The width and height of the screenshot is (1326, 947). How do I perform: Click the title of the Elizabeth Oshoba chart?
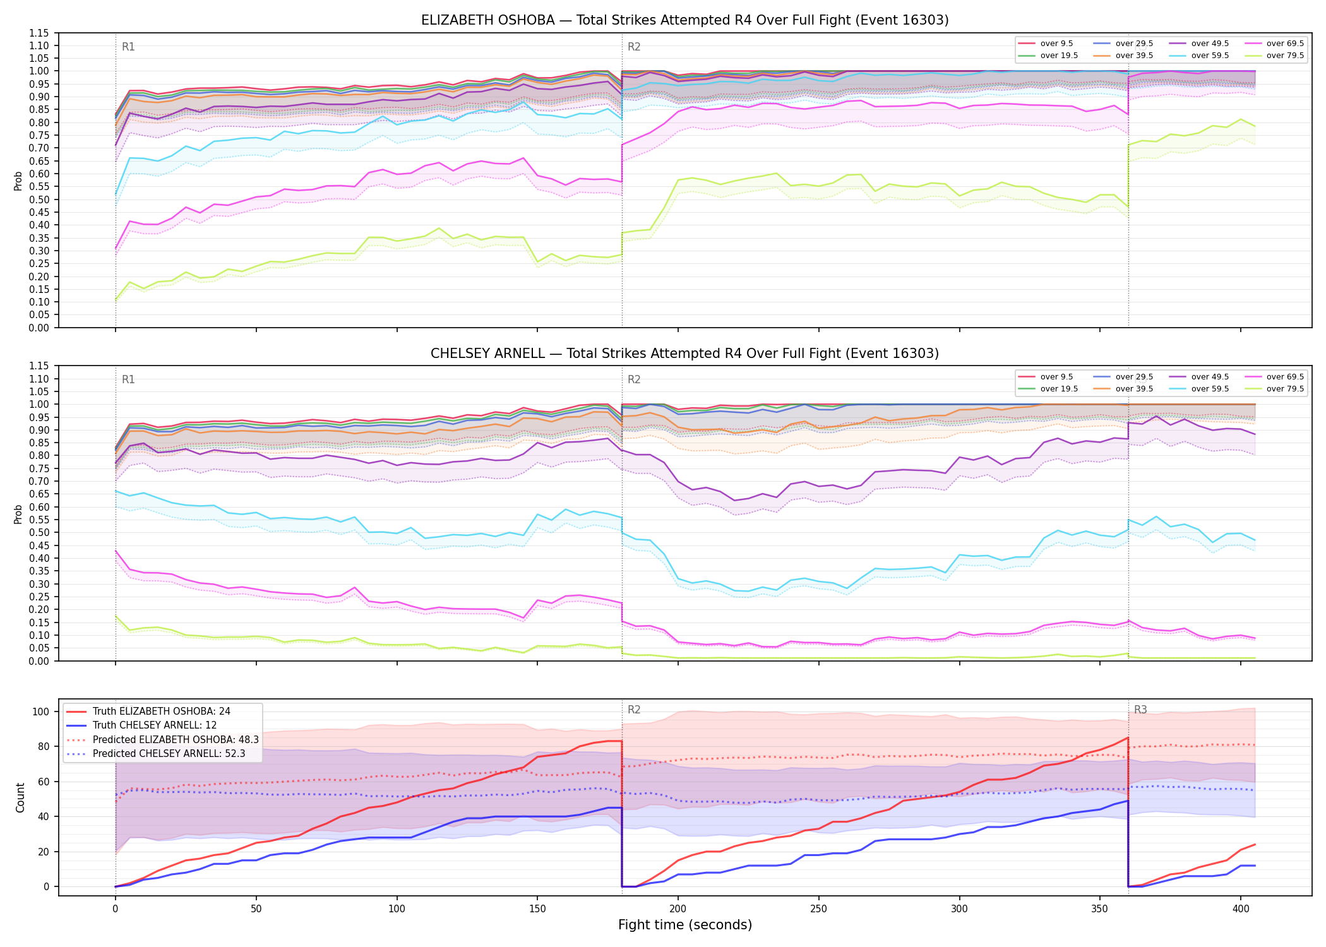684,20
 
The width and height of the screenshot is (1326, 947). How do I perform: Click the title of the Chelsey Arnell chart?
684,354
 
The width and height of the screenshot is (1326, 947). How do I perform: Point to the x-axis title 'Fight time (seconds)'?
685,925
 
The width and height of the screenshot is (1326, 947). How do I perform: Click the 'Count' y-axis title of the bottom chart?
20,798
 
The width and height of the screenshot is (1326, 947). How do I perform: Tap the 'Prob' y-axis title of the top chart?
18,181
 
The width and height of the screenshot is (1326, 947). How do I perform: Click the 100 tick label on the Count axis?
41,712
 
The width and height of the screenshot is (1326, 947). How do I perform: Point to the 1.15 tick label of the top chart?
39,33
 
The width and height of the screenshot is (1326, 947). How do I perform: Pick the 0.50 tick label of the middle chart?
39,533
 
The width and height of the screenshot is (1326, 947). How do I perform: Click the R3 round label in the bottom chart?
1140,710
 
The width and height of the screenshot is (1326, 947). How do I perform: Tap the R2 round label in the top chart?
634,47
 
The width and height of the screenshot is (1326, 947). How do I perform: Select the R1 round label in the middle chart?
128,379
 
